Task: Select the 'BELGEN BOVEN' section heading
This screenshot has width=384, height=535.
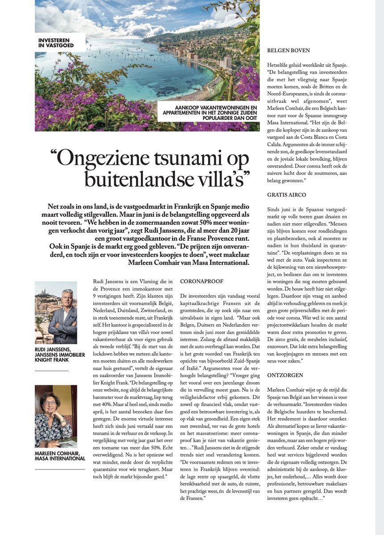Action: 288,51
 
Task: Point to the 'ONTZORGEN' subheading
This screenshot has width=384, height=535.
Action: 285,375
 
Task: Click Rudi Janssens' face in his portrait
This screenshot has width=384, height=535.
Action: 67,298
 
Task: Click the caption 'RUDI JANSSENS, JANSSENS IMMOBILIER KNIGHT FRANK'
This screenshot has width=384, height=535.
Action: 59,354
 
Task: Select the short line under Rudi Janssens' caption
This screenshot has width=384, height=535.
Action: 52,370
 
